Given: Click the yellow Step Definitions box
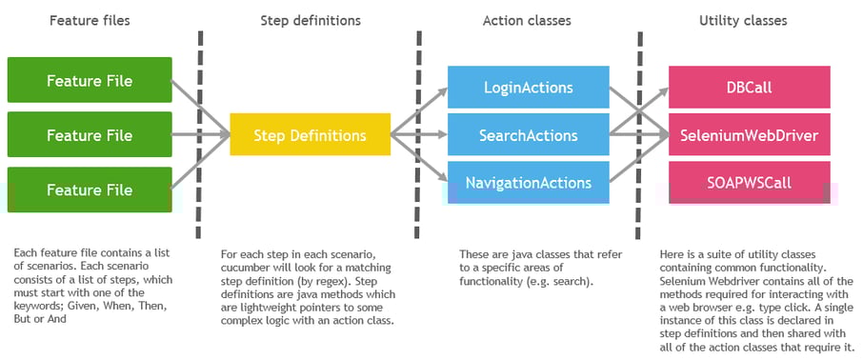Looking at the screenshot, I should (310, 134).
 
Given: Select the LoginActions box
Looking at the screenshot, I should (528, 88).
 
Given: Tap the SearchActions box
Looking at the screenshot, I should (528, 134).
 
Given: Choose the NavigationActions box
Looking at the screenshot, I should (528, 182).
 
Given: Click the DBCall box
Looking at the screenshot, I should (748, 88).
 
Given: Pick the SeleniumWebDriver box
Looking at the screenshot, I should (748, 134).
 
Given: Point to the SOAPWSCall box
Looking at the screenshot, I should (748, 181).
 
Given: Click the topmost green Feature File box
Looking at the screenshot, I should (90, 80).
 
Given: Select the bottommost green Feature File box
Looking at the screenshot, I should (90, 190).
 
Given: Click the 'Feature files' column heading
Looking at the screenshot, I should (90, 20).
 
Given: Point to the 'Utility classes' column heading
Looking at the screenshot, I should (742, 20).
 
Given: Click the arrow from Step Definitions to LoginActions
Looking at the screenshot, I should (420, 110).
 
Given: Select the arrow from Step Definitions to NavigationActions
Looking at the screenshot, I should (420, 159).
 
